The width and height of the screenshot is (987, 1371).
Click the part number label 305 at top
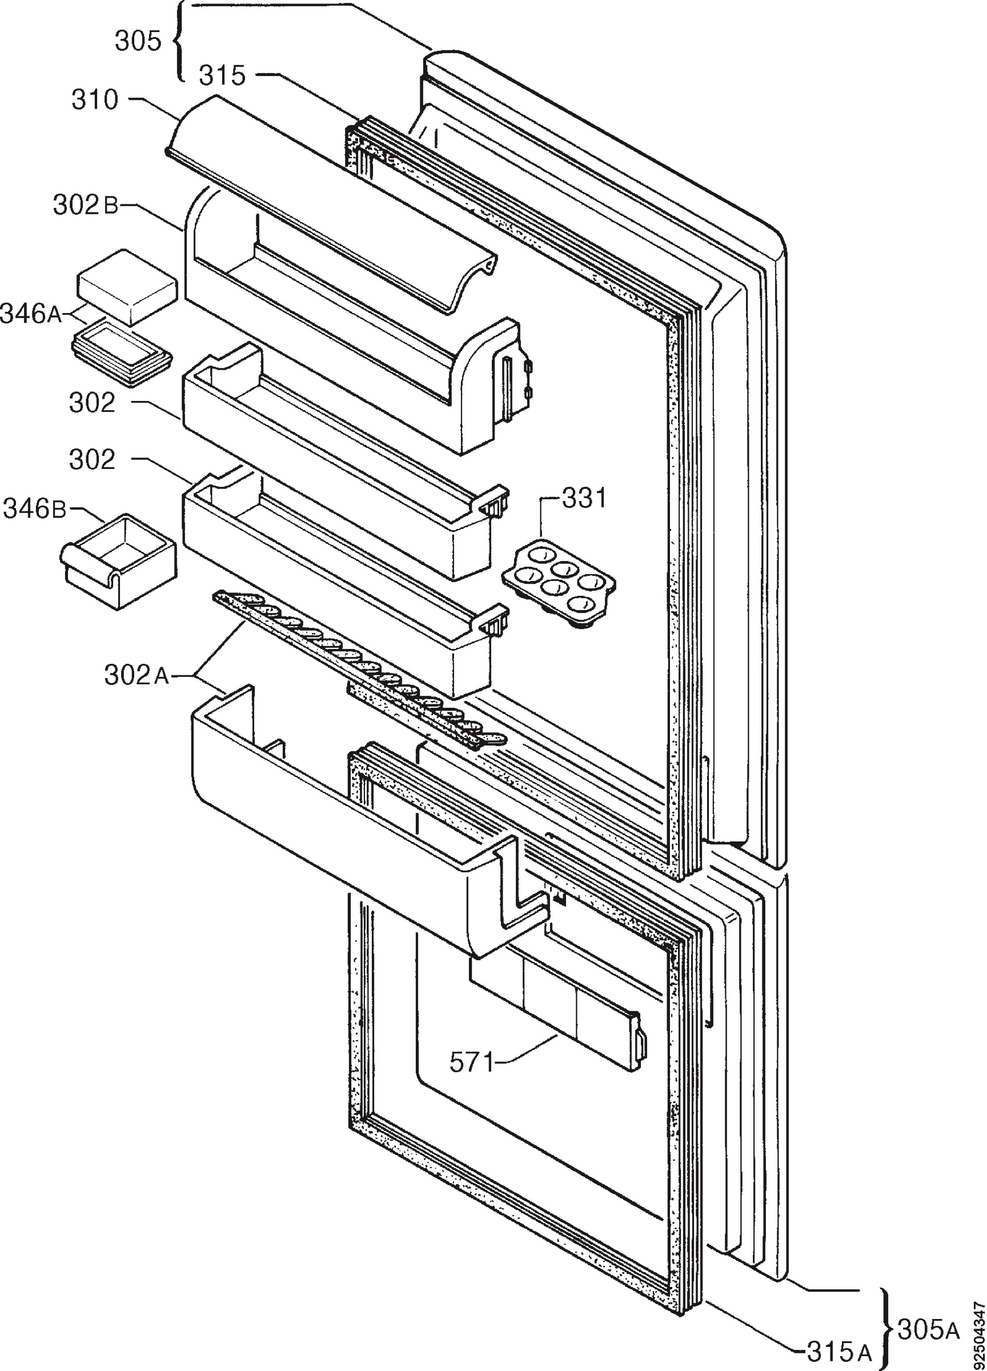point(138,41)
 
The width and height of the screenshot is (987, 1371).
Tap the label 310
point(95,100)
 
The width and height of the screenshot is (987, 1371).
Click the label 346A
point(31,314)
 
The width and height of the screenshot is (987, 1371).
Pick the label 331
point(584,499)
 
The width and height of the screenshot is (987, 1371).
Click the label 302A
point(137,676)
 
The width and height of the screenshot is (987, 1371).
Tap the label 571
point(471,1062)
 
